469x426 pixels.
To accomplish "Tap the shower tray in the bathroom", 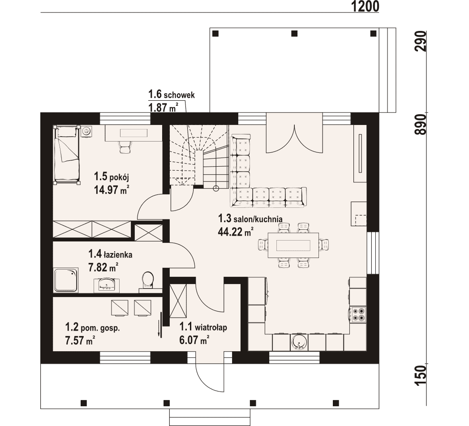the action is point(65,280).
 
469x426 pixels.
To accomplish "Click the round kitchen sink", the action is point(299,342).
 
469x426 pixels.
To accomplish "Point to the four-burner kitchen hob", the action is point(358,314).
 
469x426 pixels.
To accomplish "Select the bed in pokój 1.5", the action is point(67,155).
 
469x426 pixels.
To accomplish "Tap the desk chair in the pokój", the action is point(125,147).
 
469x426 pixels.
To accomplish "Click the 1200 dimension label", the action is point(365,6).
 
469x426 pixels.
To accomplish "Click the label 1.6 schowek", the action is point(172,95).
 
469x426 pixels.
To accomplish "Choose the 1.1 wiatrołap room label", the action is point(203,327).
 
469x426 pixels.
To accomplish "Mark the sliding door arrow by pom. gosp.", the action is point(161,325).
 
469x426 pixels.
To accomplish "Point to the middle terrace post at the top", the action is point(294,33).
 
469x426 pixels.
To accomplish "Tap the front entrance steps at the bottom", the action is point(210,417).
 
